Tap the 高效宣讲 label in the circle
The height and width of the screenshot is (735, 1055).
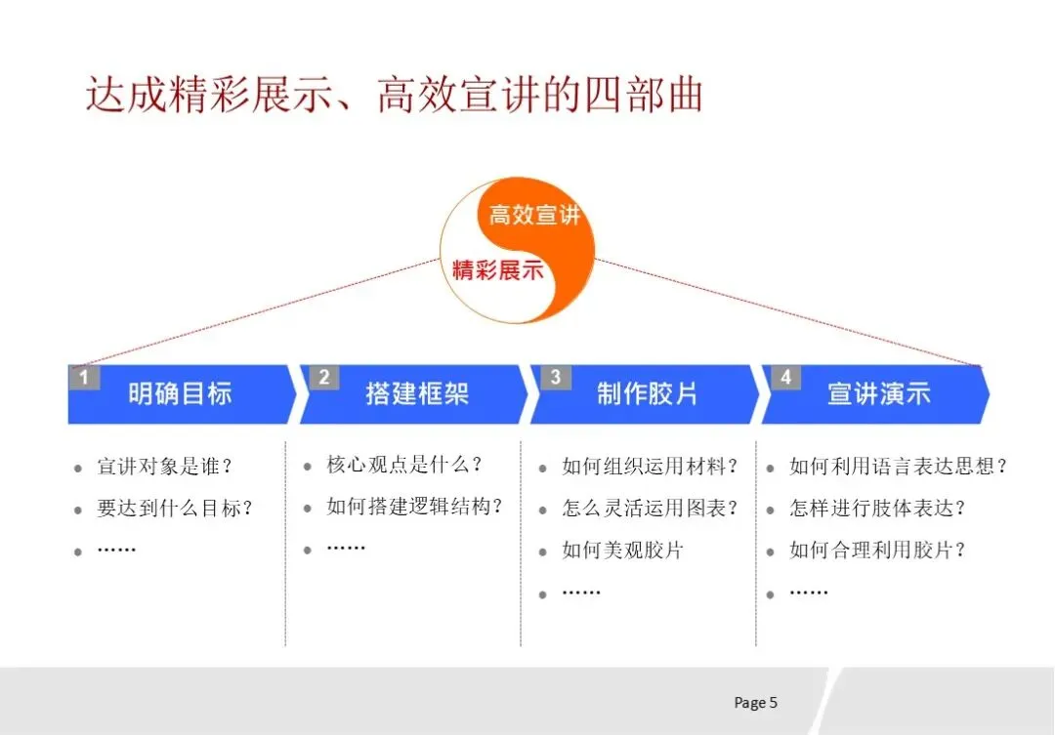(x=533, y=215)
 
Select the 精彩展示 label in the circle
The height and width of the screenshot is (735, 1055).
(x=497, y=270)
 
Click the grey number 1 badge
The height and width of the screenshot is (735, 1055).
(x=84, y=377)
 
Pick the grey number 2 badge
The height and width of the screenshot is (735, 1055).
(x=324, y=377)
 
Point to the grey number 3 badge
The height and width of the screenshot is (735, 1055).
(x=555, y=377)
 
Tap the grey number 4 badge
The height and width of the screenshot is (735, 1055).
(x=786, y=377)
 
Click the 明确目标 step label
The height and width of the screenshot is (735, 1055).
(x=180, y=394)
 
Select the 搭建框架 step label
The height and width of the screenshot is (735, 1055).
(x=417, y=394)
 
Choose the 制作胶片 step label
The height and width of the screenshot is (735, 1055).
(x=648, y=394)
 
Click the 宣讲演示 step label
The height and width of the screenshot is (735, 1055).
(x=879, y=394)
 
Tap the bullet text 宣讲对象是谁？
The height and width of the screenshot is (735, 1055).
(x=165, y=467)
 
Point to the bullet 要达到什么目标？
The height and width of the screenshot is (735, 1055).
(x=175, y=509)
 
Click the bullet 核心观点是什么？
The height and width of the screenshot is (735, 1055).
(x=404, y=465)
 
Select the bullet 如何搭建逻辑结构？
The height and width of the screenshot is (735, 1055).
(x=414, y=507)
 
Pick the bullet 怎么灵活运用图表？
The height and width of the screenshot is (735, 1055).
(x=650, y=509)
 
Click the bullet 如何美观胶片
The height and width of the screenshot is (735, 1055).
(x=622, y=551)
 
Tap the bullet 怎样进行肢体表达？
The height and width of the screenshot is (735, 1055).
(x=877, y=509)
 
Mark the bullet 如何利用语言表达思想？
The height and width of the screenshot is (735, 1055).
(x=898, y=467)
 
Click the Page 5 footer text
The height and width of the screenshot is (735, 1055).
(x=755, y=703)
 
